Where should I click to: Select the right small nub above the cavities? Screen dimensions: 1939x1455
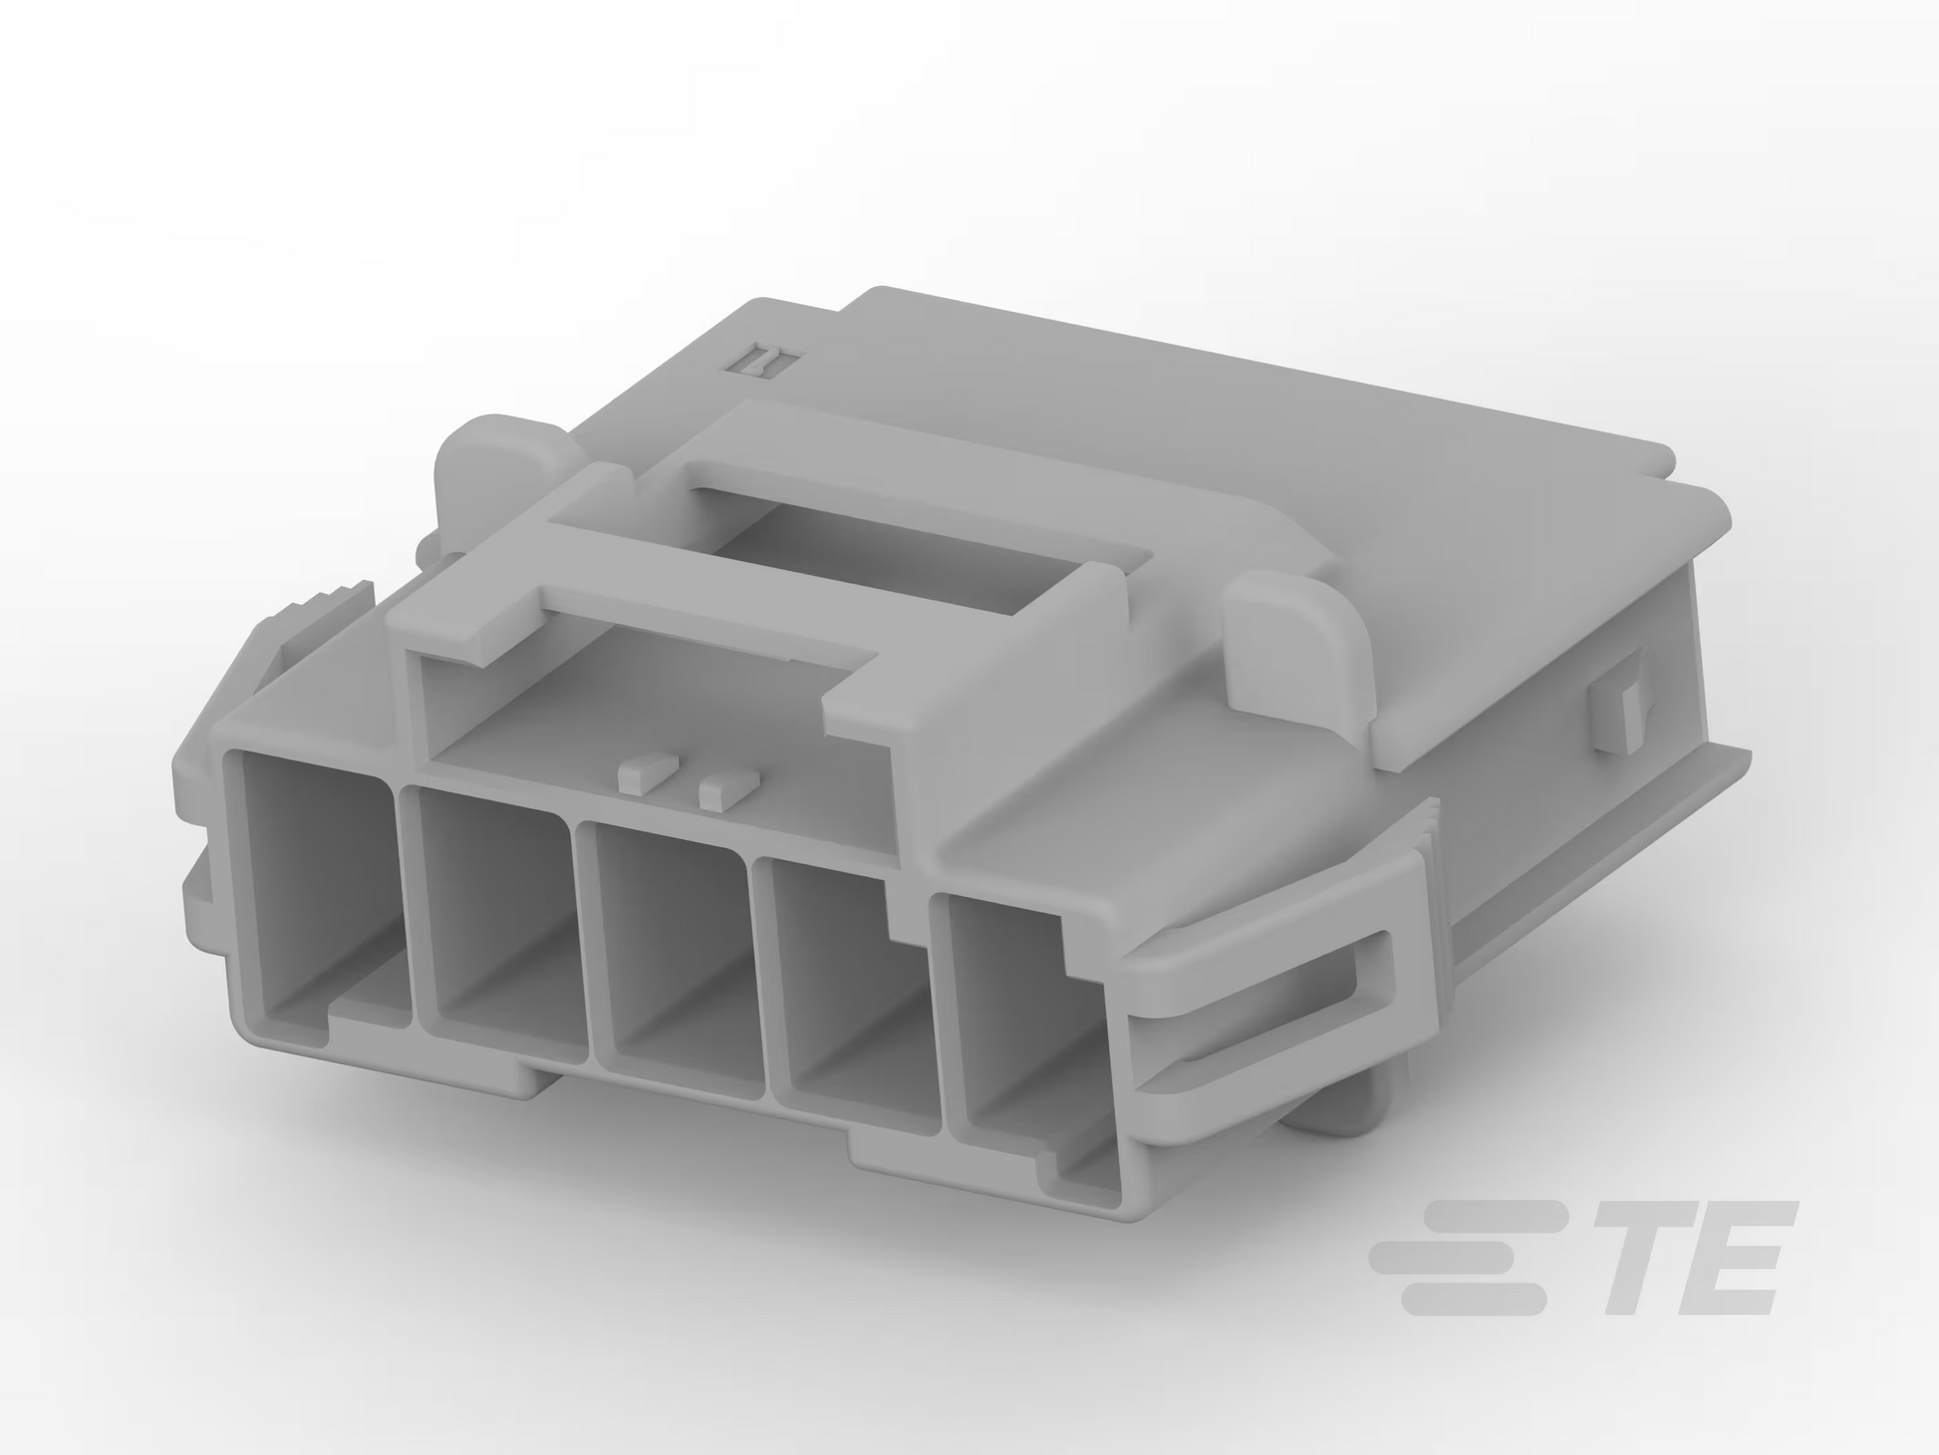click(729, 788)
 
